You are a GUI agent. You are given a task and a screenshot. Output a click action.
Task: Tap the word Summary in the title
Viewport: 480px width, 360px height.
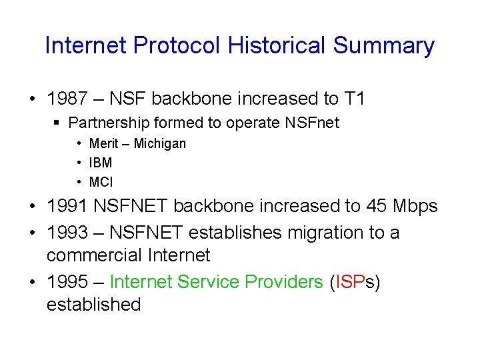coord(384,46)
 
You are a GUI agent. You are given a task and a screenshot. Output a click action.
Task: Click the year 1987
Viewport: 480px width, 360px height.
coord(67,99)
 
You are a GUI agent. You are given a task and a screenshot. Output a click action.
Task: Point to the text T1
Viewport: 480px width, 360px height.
coord(355,99)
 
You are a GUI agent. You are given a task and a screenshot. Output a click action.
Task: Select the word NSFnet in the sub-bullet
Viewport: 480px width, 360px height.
coord(313,123)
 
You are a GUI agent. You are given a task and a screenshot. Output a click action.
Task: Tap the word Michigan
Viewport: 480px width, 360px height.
coord(160,144)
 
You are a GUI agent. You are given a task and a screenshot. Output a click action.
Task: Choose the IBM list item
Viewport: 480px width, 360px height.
coord(101,163)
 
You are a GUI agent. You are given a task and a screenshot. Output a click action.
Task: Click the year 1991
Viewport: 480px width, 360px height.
coord(67,207)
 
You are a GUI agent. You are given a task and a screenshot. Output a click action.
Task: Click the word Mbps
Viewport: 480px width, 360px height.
coord(417,207)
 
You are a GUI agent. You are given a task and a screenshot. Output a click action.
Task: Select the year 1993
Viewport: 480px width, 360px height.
coord(67,233)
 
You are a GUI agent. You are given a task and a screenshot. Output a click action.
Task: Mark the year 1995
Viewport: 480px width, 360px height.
coord(67,282)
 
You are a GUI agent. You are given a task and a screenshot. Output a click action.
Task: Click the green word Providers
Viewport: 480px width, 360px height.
coord(284,282)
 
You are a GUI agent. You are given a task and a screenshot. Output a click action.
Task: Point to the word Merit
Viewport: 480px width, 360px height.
coord(103,144)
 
